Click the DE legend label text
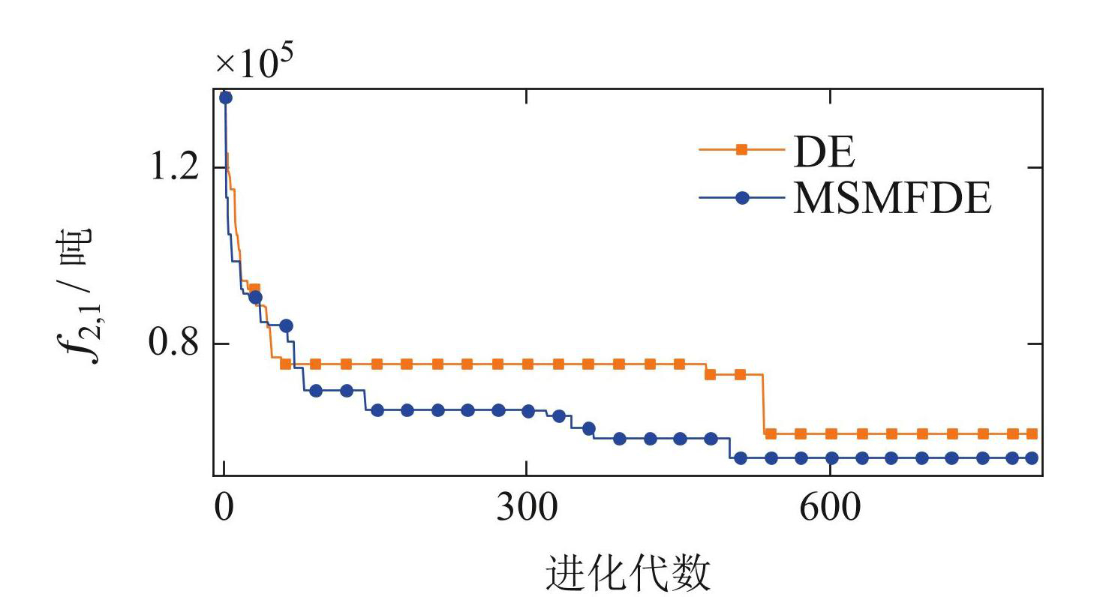pos(822,154)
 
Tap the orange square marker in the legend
pos(741,149)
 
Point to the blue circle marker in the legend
pos(741,198)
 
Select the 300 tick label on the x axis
pos(527,509)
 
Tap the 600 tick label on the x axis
pos(831,509)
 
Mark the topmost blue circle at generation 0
pos(224,97)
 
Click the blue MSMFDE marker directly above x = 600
pos(831,458)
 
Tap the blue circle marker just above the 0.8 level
pos(285,325)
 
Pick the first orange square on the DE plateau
pos(285,364)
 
